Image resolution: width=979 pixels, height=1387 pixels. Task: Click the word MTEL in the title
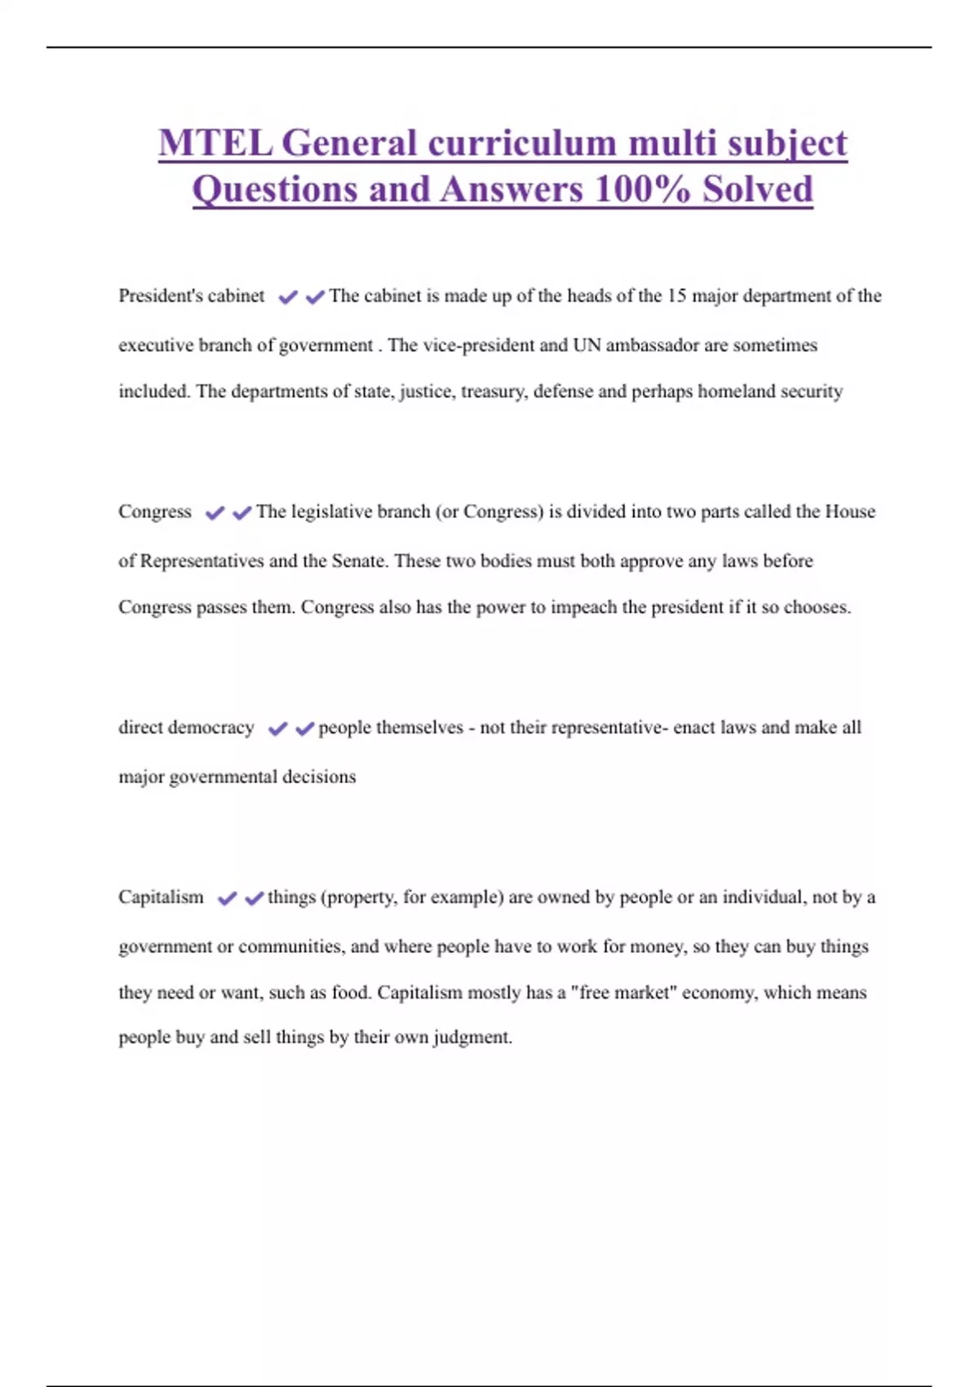[x=215, y=144]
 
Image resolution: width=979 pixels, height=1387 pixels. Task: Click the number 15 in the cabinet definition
[x=676, y=295]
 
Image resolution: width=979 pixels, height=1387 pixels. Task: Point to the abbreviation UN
[x=587, y=345]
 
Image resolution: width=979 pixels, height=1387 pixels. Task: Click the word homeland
[x=737, y=392]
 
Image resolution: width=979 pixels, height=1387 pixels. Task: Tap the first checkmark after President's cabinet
[x=288, y=297]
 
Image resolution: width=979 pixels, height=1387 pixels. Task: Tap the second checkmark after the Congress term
[x=241, y=513]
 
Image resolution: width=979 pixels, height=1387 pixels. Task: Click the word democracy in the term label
[x=211, y=728]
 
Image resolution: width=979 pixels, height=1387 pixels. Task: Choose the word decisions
[x=319, y=777]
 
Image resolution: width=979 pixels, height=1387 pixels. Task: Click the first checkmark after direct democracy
[x=278, y=729]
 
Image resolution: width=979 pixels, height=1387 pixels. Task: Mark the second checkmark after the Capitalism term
[x=255, y=898]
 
